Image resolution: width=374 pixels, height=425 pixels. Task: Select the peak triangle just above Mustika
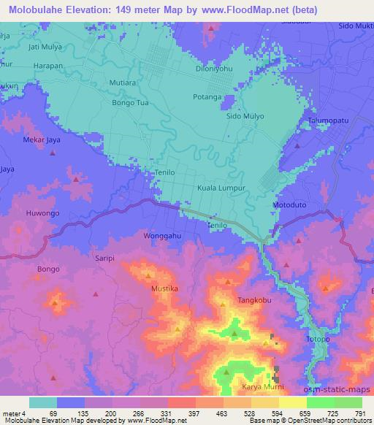click(148, 276)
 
